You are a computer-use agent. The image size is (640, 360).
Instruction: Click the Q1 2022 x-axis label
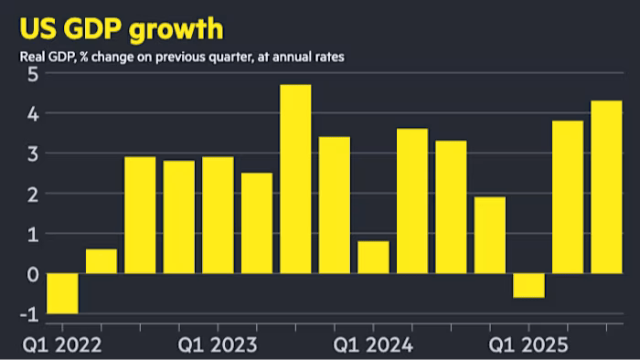point(61,346)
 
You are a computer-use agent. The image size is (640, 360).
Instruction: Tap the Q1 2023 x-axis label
point(218,346)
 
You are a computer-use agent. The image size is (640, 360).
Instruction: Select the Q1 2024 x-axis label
point(373,346)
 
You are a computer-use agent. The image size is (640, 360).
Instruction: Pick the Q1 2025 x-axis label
point(528,346)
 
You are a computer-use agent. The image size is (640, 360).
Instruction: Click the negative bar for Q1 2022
point(62,293)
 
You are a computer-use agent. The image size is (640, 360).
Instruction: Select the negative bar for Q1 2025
point(528,285)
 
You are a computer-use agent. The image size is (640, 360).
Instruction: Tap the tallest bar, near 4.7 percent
point(295,179)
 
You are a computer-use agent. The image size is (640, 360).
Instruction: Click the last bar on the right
point(606,187)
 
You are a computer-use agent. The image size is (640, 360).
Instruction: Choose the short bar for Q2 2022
point(101,261)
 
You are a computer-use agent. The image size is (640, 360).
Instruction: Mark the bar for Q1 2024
point(373,258)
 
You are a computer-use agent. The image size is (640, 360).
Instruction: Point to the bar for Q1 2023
point(218,216)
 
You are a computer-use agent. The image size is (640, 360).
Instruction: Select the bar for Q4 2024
point(489,236)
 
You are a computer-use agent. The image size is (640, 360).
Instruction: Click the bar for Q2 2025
point(567,197)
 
